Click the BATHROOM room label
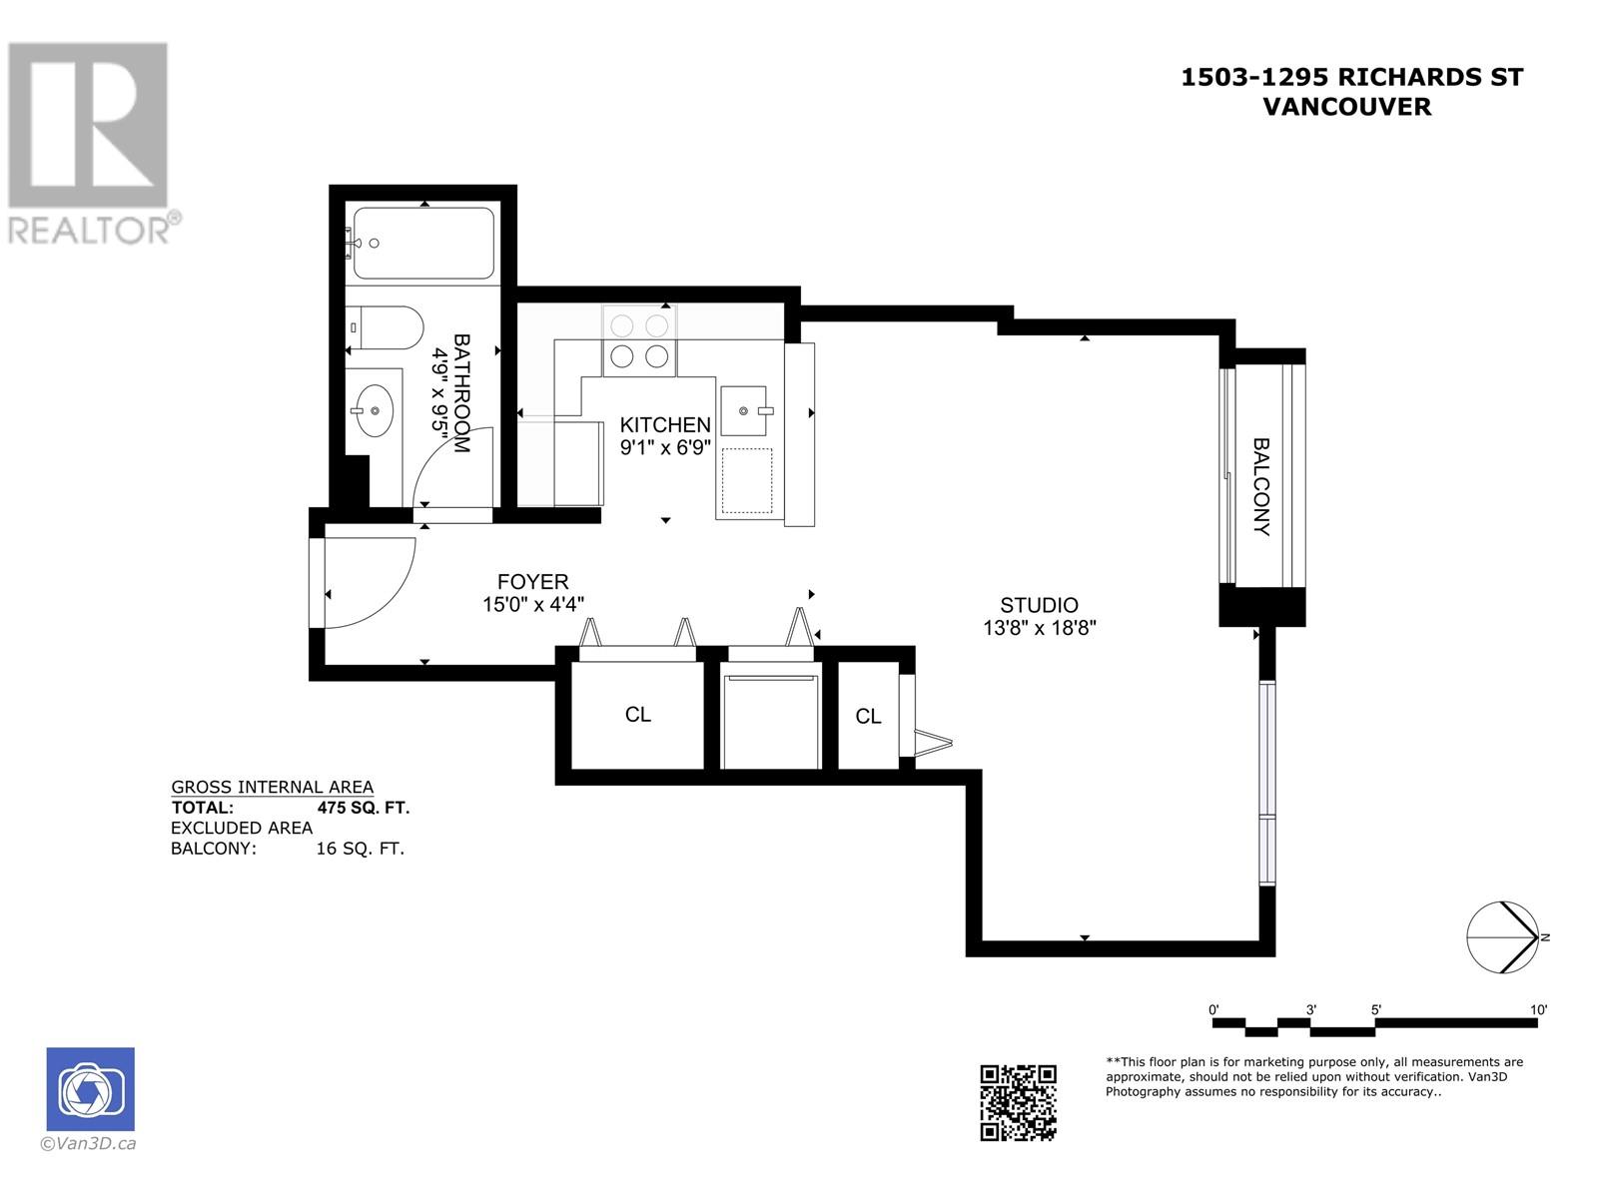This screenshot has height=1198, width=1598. pyautogui.click(x=461, y=392)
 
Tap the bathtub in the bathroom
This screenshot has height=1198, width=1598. pyautogui.click(x=423, y=243)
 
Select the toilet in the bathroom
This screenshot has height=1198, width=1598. pyautogui.click(x=385, y=327)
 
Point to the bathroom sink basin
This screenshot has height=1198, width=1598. pyautogui.click(x=375, y=411)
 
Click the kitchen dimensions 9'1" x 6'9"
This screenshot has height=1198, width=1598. pyautogui.click(x=665, y=447)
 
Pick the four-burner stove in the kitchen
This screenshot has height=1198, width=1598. pyautogui.click(x=639, y=340)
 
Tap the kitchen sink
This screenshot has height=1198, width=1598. pyautogui.click(x=743, y=411)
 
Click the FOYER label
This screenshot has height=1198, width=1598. pyautogui.click(x=533, y=582)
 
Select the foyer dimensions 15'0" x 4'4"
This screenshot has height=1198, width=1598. pyautogui.click(x=533, y=604)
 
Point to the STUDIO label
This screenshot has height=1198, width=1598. pyautogui.click(x=1039, y=605)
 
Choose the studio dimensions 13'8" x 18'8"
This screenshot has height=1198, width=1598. pyautogui.click(x=1040, y=628)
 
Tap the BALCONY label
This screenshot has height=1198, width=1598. pyautogui.click(x=1261, y=486)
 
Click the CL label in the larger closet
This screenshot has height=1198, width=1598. pyautogui.click(x=638, y=715)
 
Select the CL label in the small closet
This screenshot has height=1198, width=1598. pyautogui.click(x=868, y=717)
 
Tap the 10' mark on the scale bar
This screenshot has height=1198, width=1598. pyautogui.click(x=1538, y=1009)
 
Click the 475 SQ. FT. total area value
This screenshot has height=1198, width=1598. pyautogui.click(x=364, y=808)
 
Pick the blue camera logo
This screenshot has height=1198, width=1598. pyautogui.click(x=90, y=1089)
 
